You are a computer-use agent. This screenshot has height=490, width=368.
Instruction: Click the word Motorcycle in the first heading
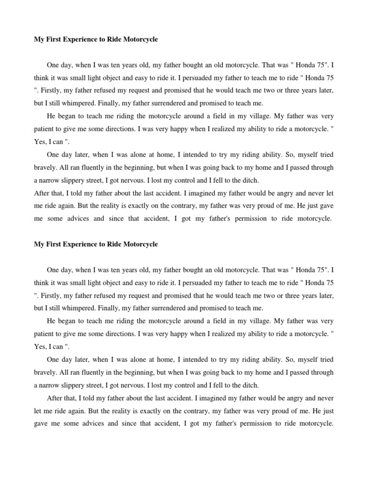[x=137, y=40]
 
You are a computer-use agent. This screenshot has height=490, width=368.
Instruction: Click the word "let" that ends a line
[x=329, y=193]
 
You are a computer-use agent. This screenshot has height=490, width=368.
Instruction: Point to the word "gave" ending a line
[x=325, y=206]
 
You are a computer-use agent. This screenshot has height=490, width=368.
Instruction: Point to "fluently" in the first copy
[x=88, y=167]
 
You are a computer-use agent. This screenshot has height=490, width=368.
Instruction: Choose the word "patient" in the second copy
[x=45, y=334]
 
